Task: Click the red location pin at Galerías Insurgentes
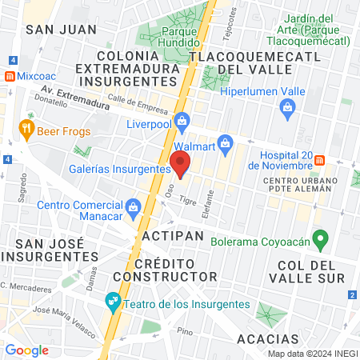(181, 166)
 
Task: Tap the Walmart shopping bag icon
(226, 145)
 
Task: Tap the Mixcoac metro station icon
(9, 77)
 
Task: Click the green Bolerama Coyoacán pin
(321, 238)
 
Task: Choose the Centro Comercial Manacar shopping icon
(133, 206)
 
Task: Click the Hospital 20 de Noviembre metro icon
(318, 159)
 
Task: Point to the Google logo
(26, 350)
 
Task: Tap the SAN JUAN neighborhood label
(61, 29)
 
